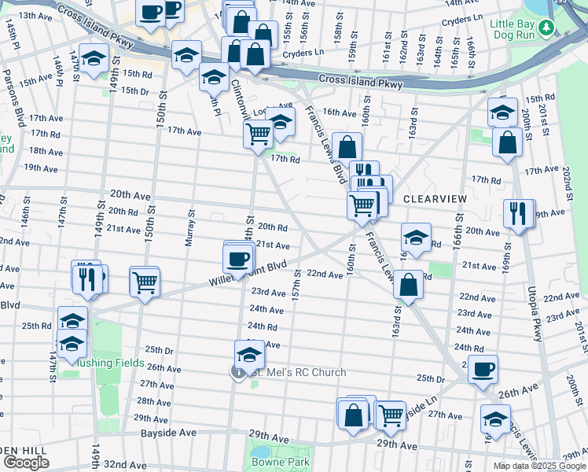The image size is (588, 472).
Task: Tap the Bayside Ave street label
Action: [168, 433]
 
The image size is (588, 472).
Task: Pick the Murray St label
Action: [189, 228]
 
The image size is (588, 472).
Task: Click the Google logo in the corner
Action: [25, 463]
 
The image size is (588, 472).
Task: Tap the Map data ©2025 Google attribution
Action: [538, 466]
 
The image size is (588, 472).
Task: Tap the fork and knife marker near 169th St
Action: [518, 213]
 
